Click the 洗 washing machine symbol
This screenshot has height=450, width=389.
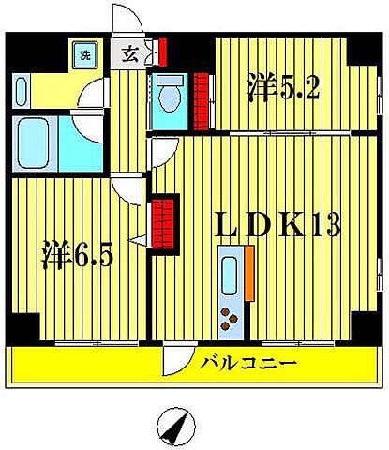click(x=85, y=53)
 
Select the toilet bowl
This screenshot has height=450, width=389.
click(x=170, y=94)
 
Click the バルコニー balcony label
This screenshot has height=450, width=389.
click(x=248, y=363)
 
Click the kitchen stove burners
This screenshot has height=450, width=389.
click(x=230, y=320)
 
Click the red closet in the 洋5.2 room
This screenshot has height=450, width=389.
click(x=201, y=100)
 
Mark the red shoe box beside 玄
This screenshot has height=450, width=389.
click(x=162, y=49)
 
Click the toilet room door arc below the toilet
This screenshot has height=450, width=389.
click(x=160, y=145)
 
